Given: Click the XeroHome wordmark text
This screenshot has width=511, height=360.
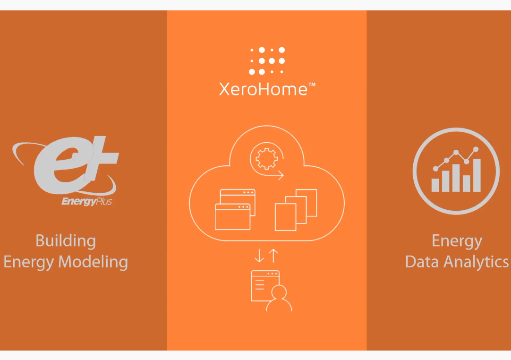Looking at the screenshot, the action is (263, 89).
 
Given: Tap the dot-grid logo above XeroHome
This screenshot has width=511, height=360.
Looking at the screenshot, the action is (267, 60).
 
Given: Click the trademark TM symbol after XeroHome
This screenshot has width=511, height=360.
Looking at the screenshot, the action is (312, 85).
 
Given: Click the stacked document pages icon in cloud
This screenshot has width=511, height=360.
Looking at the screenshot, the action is (296, 209).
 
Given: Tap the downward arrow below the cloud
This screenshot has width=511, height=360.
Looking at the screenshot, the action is (259, 256).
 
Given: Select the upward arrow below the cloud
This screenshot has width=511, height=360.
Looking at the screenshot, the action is (273, 256).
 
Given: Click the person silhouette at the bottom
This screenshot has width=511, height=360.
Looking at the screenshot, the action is (278, 299).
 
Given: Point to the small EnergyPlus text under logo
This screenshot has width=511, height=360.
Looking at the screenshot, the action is (87, 202).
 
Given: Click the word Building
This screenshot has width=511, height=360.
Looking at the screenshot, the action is (66, 241).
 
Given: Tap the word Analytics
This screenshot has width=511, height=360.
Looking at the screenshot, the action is (478, 262).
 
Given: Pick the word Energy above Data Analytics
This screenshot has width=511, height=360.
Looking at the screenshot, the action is (457, 241).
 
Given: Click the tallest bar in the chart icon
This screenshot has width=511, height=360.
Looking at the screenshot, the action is (477, 175).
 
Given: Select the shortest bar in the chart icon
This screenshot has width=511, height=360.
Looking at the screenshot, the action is (435, 185).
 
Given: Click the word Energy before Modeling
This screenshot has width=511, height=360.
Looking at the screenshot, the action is (28, 262).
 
